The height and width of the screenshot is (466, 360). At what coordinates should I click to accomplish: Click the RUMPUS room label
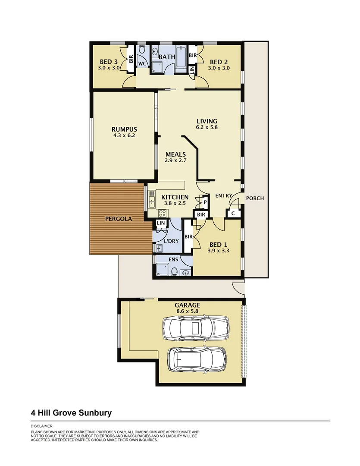(x=124, y=129)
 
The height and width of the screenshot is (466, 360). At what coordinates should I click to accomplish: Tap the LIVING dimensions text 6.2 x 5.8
(x=207, y=127)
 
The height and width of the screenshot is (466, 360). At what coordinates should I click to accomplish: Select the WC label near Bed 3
(x=142, y=64)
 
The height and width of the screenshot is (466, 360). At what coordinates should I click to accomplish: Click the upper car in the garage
(x=195, y=327)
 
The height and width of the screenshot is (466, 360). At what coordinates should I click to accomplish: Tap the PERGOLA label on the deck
(x=119, y=219)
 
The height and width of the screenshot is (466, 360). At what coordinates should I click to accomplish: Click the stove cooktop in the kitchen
(x=163, y=213)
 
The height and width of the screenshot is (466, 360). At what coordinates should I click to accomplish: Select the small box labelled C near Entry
(x=233, y=213)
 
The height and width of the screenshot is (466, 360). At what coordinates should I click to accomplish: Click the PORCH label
(x=255, y=198)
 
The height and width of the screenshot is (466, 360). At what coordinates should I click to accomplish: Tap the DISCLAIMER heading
(x=41, y=426)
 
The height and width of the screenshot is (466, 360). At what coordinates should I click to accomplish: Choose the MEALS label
(x=175, y=154)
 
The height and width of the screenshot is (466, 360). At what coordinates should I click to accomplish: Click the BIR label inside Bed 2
(x=192, y=56)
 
